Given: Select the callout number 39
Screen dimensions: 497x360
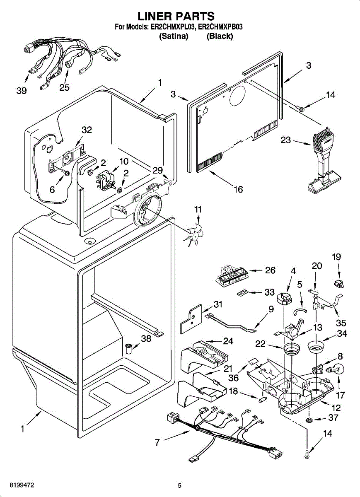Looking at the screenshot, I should point(22,91).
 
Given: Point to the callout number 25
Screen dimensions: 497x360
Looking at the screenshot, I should point(64,87).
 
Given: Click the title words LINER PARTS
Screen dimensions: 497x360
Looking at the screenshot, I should point(176,16).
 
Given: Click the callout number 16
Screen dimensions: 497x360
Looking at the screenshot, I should point(238,189).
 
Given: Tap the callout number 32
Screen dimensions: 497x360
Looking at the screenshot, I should point(86,130).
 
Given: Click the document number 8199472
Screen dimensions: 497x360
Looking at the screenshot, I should point(17,485).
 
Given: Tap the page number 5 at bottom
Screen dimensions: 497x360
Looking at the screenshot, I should point(179,486).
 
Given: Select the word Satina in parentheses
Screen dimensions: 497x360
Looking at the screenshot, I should point(174,36).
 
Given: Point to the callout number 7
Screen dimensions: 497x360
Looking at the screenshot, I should point(157,442).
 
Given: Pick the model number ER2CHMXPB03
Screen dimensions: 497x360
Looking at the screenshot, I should point(220,27).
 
